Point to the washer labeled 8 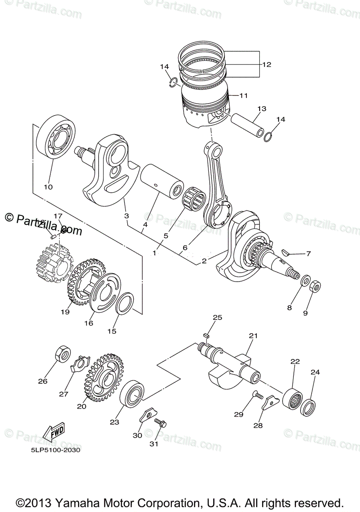pos(306,281)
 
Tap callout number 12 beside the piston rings pos(266,65)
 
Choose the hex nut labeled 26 pos(62,354)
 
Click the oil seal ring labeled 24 pos(308,407)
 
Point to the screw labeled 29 pos(257,395)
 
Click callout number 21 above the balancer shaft pos(254,336)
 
